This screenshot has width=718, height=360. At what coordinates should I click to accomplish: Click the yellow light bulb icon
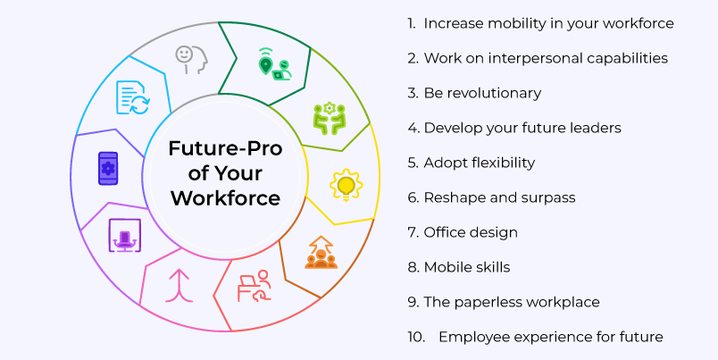point(346,185)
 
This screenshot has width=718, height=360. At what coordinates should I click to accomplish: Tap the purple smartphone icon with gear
point(108,169)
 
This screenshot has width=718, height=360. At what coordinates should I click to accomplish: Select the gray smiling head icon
point(191,60)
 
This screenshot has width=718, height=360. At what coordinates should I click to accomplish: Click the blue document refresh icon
point(133,97)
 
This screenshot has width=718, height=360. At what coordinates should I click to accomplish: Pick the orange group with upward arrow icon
point(321,253)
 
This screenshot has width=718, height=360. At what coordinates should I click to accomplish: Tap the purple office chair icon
point(124,236)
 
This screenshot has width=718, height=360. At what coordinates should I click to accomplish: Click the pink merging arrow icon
point(179,285)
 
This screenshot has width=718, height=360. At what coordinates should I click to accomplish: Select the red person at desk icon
point(255,286)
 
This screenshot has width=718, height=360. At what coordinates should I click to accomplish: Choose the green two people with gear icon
point(330,119)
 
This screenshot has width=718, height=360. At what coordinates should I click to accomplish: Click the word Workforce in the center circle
point(225,198)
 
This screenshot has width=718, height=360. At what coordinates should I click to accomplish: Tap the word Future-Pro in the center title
point(225,148)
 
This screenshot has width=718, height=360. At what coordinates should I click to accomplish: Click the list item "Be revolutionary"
point(482,93)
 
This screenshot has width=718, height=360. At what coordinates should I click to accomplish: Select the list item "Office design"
point(471,232)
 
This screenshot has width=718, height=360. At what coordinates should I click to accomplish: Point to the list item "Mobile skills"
point(467,267)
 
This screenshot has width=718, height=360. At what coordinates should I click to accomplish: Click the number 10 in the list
point(415,337)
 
